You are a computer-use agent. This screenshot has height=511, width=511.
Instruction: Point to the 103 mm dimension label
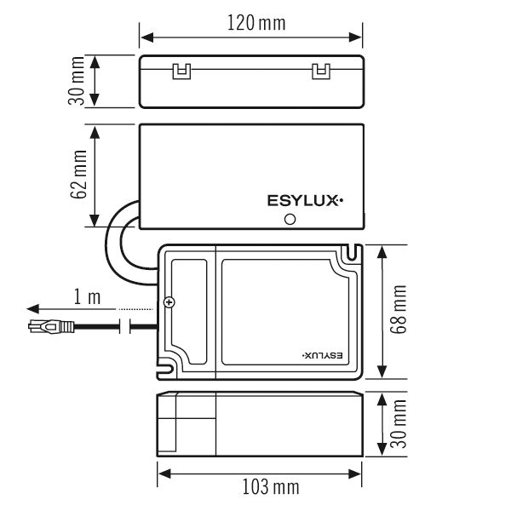pos(270,488)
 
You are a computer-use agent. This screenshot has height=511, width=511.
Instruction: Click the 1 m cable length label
pos(87,296)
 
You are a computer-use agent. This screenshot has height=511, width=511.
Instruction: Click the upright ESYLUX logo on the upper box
pos(305,202)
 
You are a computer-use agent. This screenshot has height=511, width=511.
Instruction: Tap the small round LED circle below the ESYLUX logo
pos(290,219)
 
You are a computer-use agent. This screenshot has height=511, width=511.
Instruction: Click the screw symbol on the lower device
pos(169,303)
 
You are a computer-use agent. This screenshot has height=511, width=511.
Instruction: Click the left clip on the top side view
pos(181,71)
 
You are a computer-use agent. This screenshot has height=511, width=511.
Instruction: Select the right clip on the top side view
pos(320,71)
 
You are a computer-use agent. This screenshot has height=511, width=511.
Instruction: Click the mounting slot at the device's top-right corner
pos(350,252)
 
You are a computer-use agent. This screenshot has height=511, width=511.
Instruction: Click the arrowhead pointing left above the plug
pos(32,308)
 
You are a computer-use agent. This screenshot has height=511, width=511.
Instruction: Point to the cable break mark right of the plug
pos(129,325)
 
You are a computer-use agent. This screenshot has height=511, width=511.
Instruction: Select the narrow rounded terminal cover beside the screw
pos(188,307)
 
